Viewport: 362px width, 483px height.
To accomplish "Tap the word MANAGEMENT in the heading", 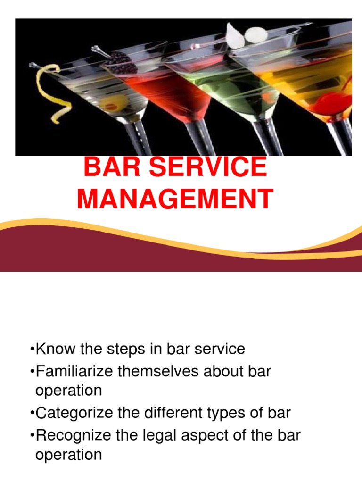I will coord(174,199).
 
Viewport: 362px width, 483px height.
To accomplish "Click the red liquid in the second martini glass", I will coord(170,94).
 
